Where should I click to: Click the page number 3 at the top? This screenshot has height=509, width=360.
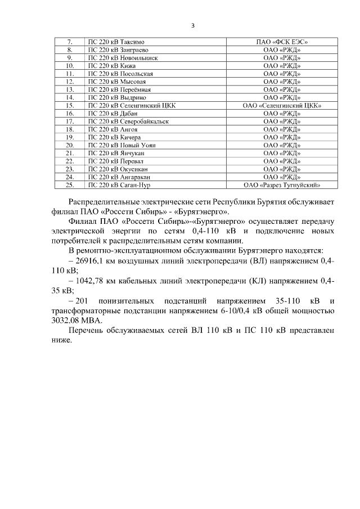click(x=193, y=25)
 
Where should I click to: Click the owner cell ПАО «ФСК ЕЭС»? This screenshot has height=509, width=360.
click(x=282, y=42)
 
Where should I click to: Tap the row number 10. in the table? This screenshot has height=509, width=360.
click(x=70, y=66)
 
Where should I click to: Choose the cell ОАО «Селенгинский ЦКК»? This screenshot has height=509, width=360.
click(x=282, y=105)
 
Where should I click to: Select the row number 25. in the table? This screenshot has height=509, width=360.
click(x=70, y=184)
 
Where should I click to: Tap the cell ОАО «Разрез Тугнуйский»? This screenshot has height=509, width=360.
click(x=282, y=184)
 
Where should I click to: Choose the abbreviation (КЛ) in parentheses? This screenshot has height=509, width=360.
click(x=256, y=280)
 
